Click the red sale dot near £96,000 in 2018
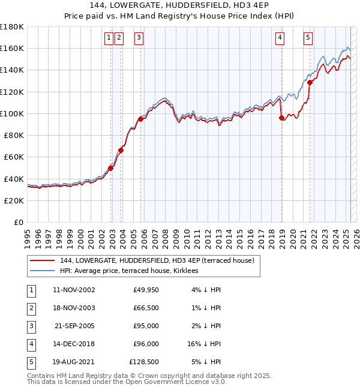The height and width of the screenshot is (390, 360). click(x=281, y=118)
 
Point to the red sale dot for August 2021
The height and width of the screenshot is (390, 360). click(x=310, y=83)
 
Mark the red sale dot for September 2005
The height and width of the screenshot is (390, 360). click(x=140, y=119)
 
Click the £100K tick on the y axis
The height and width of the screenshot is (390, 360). click(x=13, y=113)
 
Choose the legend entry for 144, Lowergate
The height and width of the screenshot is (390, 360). click(x=158, y=260)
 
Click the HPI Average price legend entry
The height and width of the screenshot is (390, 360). click(x=133, y=271)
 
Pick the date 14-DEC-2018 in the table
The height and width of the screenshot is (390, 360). click(x=74, y=344)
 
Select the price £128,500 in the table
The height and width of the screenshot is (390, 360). click(x=144, y=362)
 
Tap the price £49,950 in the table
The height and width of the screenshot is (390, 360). click(x=144, y=290)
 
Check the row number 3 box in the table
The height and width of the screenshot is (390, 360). click(x=31, y=326)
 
